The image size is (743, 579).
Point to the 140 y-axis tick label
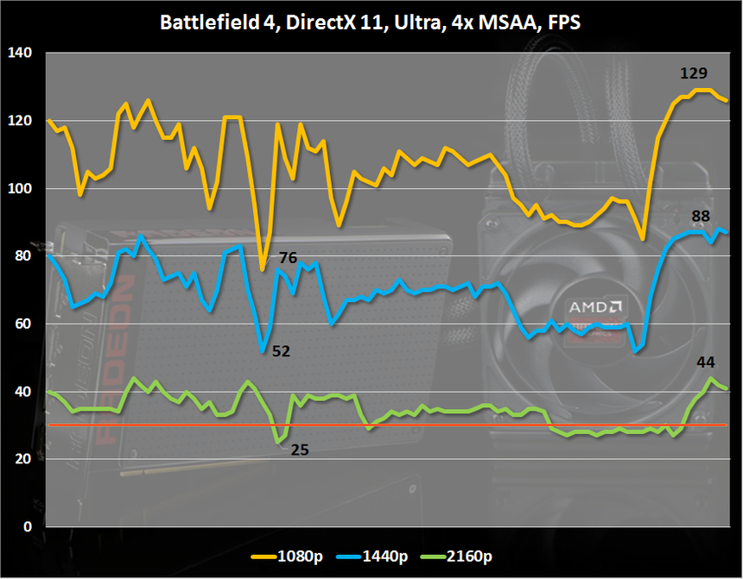[19, 53]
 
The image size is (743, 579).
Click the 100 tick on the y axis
[19, 189]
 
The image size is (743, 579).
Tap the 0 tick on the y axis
[26, 527]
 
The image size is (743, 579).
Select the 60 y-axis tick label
[22, 324]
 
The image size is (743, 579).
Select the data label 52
[281, 351]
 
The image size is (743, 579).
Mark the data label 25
[299, 450]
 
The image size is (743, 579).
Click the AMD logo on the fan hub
[594, 306]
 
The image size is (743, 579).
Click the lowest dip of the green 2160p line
[277, 442]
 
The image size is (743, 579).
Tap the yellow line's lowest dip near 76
[262, 269]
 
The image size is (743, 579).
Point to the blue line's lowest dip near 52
[263, 350]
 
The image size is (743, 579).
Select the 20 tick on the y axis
[22, 460]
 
